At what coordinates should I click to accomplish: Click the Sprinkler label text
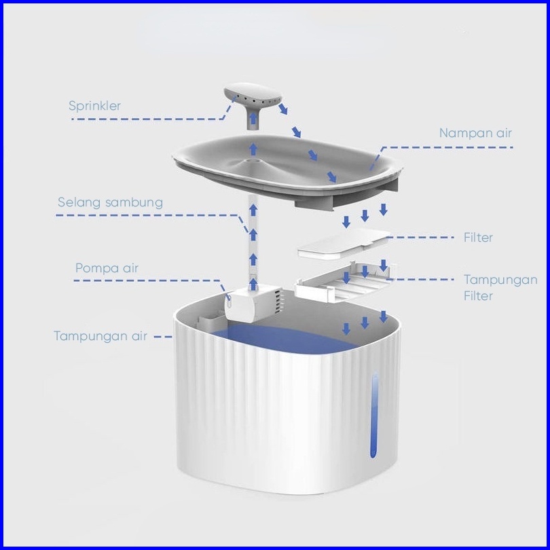tap(94, 106)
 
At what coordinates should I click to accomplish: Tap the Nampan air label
tap(475, 133)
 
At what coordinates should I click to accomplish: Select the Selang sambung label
tap(110, 203)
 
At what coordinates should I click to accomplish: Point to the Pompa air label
tap(107, 268)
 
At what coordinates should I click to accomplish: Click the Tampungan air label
tap(100, 336)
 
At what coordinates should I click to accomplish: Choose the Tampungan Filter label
tap(500, 288)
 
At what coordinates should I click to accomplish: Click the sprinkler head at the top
tap(253, 94)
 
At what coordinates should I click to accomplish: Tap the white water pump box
tap(253, 304)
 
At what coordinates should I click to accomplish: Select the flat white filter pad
tap(344, 244)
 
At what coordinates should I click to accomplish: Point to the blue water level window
tap(374, 415)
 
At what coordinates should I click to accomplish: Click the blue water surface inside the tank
tap(280, 337)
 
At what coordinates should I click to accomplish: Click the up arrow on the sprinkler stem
tap(253, 119)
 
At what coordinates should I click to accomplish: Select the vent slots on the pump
tap(278, 300)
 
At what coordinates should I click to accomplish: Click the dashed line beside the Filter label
tap(420, 238)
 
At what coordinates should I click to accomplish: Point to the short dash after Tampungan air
tap(163, 337)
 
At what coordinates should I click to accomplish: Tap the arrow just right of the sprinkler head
tap(282, 109)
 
